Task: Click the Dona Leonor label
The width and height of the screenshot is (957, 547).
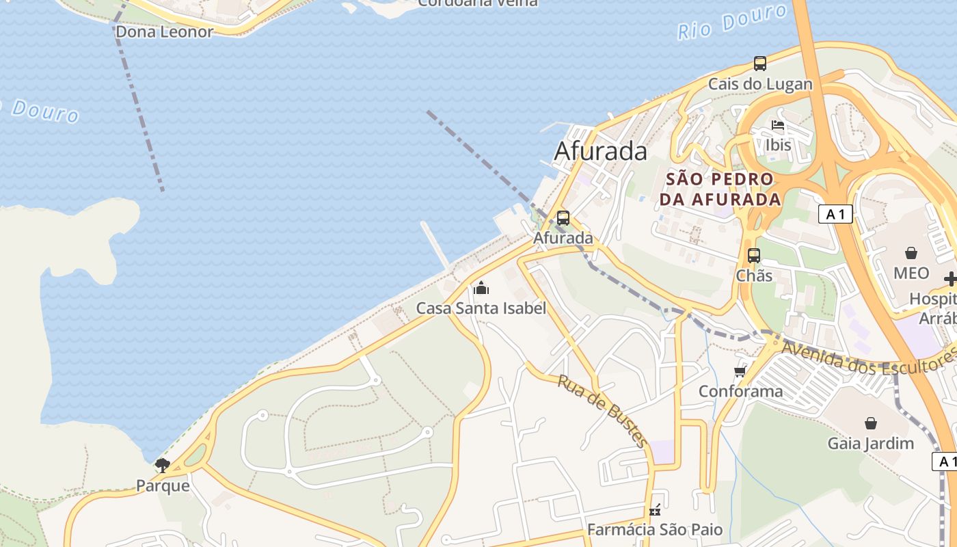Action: click(x=164, y=31)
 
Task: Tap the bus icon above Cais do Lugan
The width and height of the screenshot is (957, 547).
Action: click(x=760, y=64)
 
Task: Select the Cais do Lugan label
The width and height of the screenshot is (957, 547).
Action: click(x=760, y=84)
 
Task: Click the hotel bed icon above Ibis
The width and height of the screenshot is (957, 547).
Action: click(x=778, y=125)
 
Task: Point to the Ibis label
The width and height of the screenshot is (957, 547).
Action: click(x=778, y=145)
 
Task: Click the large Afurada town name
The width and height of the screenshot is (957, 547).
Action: click(x=600, y=151)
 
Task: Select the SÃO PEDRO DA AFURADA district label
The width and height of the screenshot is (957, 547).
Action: click(x=720, y=189)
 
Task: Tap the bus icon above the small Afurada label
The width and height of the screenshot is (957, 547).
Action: click(x=563, y=218)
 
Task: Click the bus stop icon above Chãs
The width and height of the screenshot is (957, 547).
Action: click(x=754, y=256)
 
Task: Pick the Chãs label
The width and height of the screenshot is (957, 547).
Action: click(x=754, y=276)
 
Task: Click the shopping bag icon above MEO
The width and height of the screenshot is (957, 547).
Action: click(x=911, y=253)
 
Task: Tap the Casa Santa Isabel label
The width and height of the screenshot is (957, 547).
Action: click(x=481, y=308)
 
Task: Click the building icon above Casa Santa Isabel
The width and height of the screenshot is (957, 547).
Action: click(x=481, y=288)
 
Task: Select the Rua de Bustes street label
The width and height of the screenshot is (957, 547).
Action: click(x=602, y=410)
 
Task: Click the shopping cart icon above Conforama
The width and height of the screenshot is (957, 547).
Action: click(x=740, y=372)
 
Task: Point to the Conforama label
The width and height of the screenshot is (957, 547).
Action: click(x=740, y=392)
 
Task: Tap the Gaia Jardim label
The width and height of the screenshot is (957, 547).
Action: click(x=870, y=443)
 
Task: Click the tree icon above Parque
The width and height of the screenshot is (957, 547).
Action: click(x=162, y=466)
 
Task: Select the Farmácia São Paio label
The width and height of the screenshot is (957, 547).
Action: click(x=654, y=530)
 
